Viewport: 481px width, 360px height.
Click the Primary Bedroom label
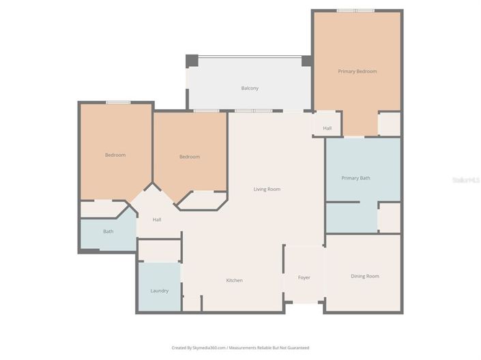(x=357, y=72)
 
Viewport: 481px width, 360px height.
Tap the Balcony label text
(x=249, y=88)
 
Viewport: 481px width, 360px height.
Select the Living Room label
(x=267, y=189)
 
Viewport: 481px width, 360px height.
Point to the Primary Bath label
(x=355, y=178)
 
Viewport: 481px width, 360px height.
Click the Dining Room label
(x=364, y=276)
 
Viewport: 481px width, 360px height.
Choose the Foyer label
(x=304, y=277)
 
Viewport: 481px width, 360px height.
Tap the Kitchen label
(x=234, y=280)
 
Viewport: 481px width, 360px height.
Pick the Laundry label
(x=159, y=290)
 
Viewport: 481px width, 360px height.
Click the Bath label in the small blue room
(x=108, y=232)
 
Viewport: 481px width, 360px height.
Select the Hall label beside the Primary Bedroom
(x=327, y=128)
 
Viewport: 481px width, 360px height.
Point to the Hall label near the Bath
(x=157, y=220)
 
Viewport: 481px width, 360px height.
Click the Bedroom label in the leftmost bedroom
(x=115, y=155)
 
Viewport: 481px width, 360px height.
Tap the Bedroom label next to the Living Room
(x=189, y=157)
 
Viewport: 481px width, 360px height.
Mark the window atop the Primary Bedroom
(x=355, y=10)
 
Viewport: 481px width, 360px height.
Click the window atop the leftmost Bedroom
(x=118, y=102)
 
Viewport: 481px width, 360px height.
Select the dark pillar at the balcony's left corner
(x=192, y=61)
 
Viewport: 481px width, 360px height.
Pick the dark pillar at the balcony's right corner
(x=307, y=61)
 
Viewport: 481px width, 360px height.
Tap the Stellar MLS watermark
(x=467, y=180)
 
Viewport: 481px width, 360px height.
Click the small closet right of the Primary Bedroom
(x=389, y=124)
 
